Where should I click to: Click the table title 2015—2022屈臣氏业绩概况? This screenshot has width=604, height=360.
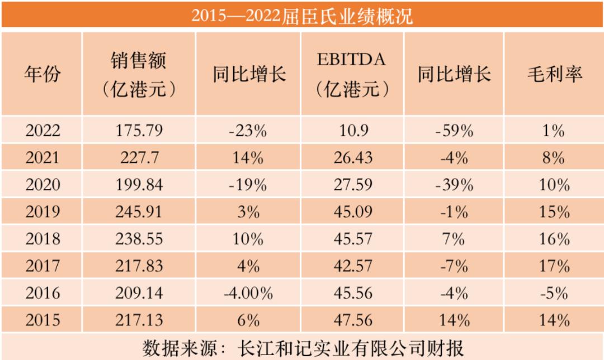(x=302, y=15)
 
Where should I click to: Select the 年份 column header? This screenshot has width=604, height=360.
(x=42, y=74)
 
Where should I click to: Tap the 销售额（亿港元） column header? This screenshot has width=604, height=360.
(x=139, y=74)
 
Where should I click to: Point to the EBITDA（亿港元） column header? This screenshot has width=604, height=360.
(x=351, y=74)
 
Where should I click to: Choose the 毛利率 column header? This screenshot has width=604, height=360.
(x=555, y=74)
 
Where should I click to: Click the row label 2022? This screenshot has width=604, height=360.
(x=42, y=131)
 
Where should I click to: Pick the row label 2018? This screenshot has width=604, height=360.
(x=42, y=239)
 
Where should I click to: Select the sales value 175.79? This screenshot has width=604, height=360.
(x=139, y=131)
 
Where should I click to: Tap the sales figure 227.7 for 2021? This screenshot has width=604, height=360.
(x=139, y=158)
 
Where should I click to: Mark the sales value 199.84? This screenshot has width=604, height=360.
(x=139, y=185)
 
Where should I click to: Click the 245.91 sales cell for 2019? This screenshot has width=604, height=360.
(x=139, y=212)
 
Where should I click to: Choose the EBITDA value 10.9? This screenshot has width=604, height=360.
(x=351, y=131)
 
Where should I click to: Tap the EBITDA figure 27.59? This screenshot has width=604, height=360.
(x=351, y=185)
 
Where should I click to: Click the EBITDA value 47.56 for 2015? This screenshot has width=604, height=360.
(x=351, y=320)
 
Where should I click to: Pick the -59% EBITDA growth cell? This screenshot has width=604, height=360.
(x=454, y=131)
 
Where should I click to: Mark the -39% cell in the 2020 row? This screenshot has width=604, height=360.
(x=454, y=185)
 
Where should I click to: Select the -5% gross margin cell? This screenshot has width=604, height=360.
(x=555, y=292)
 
